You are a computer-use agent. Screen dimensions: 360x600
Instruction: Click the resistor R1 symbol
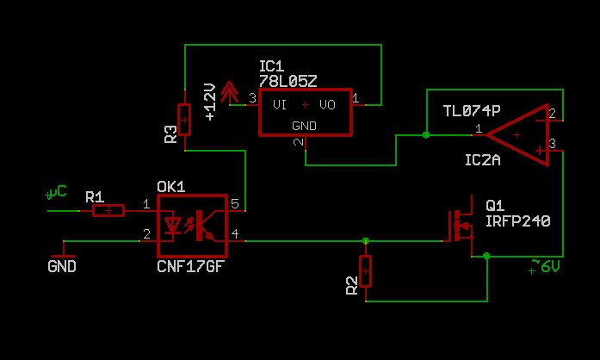(x=108, y=210)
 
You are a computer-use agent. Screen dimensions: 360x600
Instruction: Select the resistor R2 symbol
(x=366, y=271)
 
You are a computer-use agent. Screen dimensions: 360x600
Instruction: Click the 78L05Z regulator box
(x=305, y=112)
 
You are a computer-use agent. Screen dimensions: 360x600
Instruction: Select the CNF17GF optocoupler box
(x=193, y=226)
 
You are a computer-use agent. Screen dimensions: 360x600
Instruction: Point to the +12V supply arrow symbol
(x=230, y=92)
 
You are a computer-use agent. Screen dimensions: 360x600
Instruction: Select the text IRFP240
(x=516, y=221)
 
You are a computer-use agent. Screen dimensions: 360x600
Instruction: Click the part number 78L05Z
(x=288, y=80)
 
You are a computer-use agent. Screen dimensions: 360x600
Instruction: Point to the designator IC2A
(x=483, y=161)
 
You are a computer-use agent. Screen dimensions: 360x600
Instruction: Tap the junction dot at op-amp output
(x=426, y=135)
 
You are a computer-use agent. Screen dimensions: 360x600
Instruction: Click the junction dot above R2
(x=366, y=240)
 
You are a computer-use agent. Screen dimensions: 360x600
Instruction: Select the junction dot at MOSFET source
(x=487, y=256)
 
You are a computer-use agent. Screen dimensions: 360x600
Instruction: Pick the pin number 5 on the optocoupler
(x=235, y=203)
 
